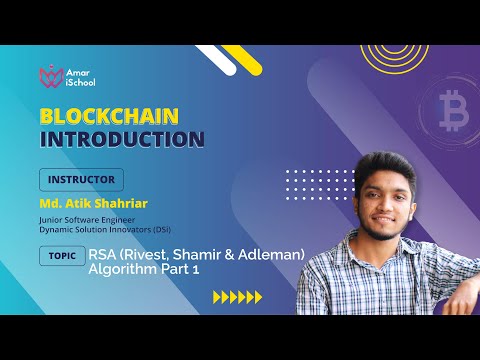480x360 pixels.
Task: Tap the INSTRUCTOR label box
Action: coord(81,180)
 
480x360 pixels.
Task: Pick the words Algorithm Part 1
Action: coord(145,270)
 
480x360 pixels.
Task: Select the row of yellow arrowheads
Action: coord(239,297)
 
